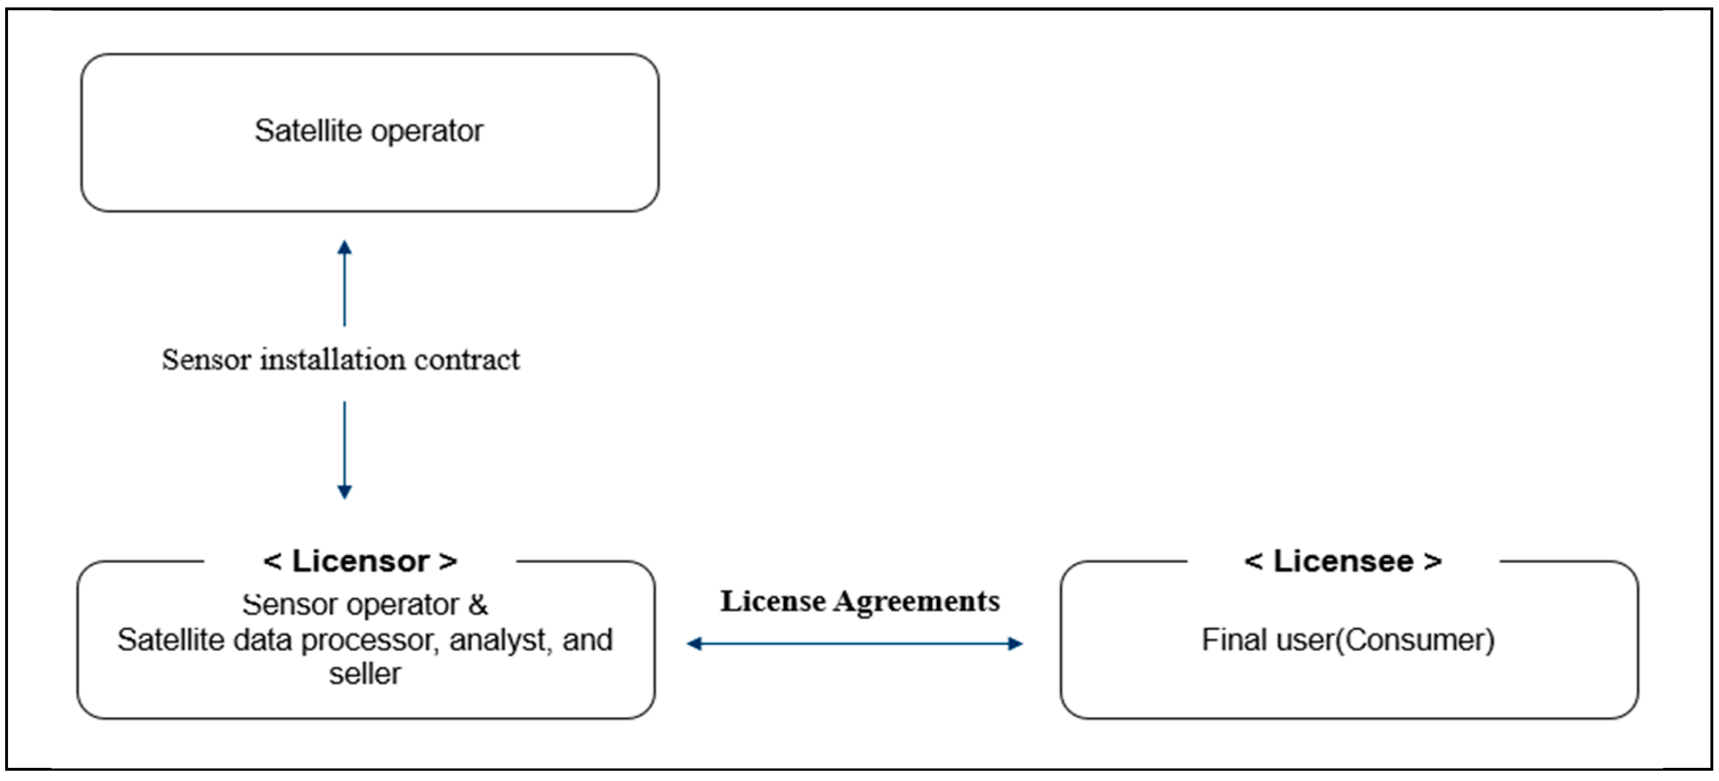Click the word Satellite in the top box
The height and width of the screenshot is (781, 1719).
click(x=308, y=131)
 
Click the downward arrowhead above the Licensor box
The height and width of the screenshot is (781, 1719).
click(x=344, y=491)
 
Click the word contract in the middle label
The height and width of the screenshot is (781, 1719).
click(x=466, y=360)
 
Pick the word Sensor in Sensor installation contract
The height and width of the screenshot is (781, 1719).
click(x=206, y=360)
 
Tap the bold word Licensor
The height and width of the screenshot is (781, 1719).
click(x=361, y=562)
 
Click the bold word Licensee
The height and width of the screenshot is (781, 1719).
click(x=1343, y=562)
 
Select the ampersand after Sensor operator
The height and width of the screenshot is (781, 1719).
click(x=478, y=605)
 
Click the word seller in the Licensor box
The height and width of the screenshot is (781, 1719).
click(x=365, y=674)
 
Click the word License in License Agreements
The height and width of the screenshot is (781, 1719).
click(x=773, y=601)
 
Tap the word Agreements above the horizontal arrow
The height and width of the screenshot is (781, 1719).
click(x=917, y=602)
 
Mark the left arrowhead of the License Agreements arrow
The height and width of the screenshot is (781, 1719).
click(x=695, y=643)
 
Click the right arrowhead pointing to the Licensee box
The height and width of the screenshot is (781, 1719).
click(x=1015, y=643)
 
